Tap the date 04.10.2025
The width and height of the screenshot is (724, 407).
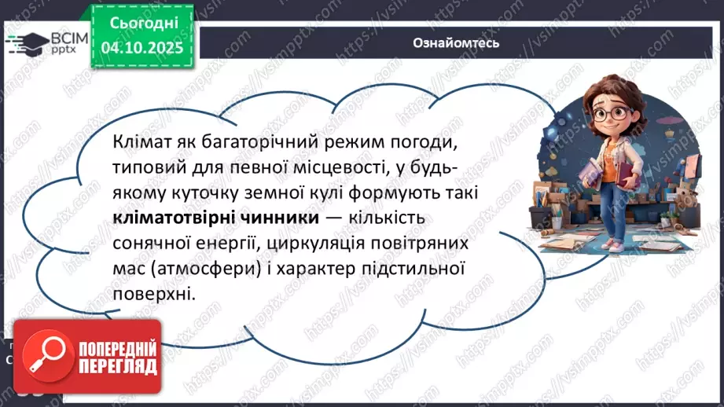click(140, 49)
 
